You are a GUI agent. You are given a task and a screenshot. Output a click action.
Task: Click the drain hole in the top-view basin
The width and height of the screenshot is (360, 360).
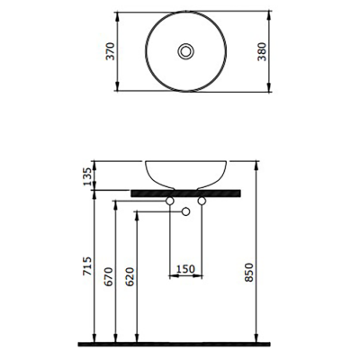(185, 52)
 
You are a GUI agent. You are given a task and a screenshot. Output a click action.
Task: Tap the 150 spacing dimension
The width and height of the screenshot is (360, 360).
(185, 268)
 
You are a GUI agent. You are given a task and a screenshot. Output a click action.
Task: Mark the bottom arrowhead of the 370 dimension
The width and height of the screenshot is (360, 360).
(118, 90)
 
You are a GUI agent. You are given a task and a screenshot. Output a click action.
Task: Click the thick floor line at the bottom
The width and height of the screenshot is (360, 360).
(180, 344)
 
